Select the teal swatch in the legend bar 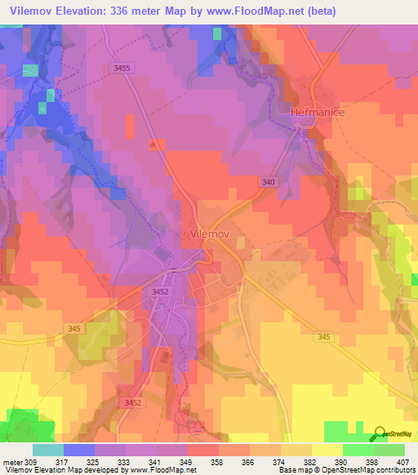tap(48, 450)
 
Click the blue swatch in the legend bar tap(79, 450)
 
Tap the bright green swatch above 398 tap(358, 450)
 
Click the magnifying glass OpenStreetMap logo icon tap(381, 434)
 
